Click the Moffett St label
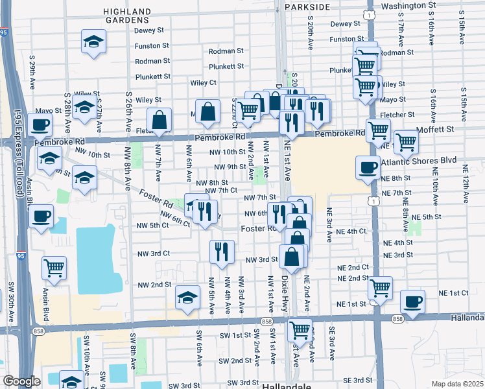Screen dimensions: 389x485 tap(442, 130)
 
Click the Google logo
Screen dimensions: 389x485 tap(21, 381)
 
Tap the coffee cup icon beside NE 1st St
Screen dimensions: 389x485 tap(413, 301)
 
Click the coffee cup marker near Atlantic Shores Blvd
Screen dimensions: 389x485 tap(368, 168)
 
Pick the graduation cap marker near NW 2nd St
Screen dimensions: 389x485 tap(187, 297)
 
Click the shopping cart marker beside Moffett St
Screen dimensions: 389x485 tap(406, 141)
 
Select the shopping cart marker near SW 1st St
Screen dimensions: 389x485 tap(300, 329)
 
